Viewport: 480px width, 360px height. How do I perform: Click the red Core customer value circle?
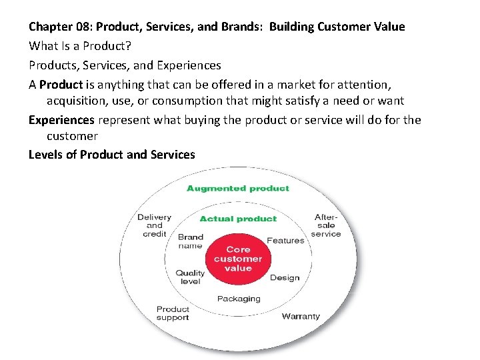[238, 259]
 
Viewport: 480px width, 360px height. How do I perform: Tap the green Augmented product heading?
[238, 189]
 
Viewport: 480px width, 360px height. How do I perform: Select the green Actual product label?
[238, 219]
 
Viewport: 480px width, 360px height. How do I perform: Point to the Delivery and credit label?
[154, 225]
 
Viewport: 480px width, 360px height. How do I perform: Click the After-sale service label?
[326, 225]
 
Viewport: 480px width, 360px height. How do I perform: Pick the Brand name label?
[191, 241]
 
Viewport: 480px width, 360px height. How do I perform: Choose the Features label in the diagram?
[285, 241]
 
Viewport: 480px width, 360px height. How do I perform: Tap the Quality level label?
[190, 277]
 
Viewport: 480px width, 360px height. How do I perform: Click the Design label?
[285, 278]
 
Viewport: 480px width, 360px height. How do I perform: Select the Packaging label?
[239, 299]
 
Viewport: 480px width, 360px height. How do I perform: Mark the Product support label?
[173, 313]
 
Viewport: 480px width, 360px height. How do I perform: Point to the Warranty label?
[301, 316]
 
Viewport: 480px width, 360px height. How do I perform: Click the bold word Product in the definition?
[61, 85]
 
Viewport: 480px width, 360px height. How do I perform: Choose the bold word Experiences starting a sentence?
[61, 120]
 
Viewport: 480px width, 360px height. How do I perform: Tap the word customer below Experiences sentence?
[72, 136]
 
